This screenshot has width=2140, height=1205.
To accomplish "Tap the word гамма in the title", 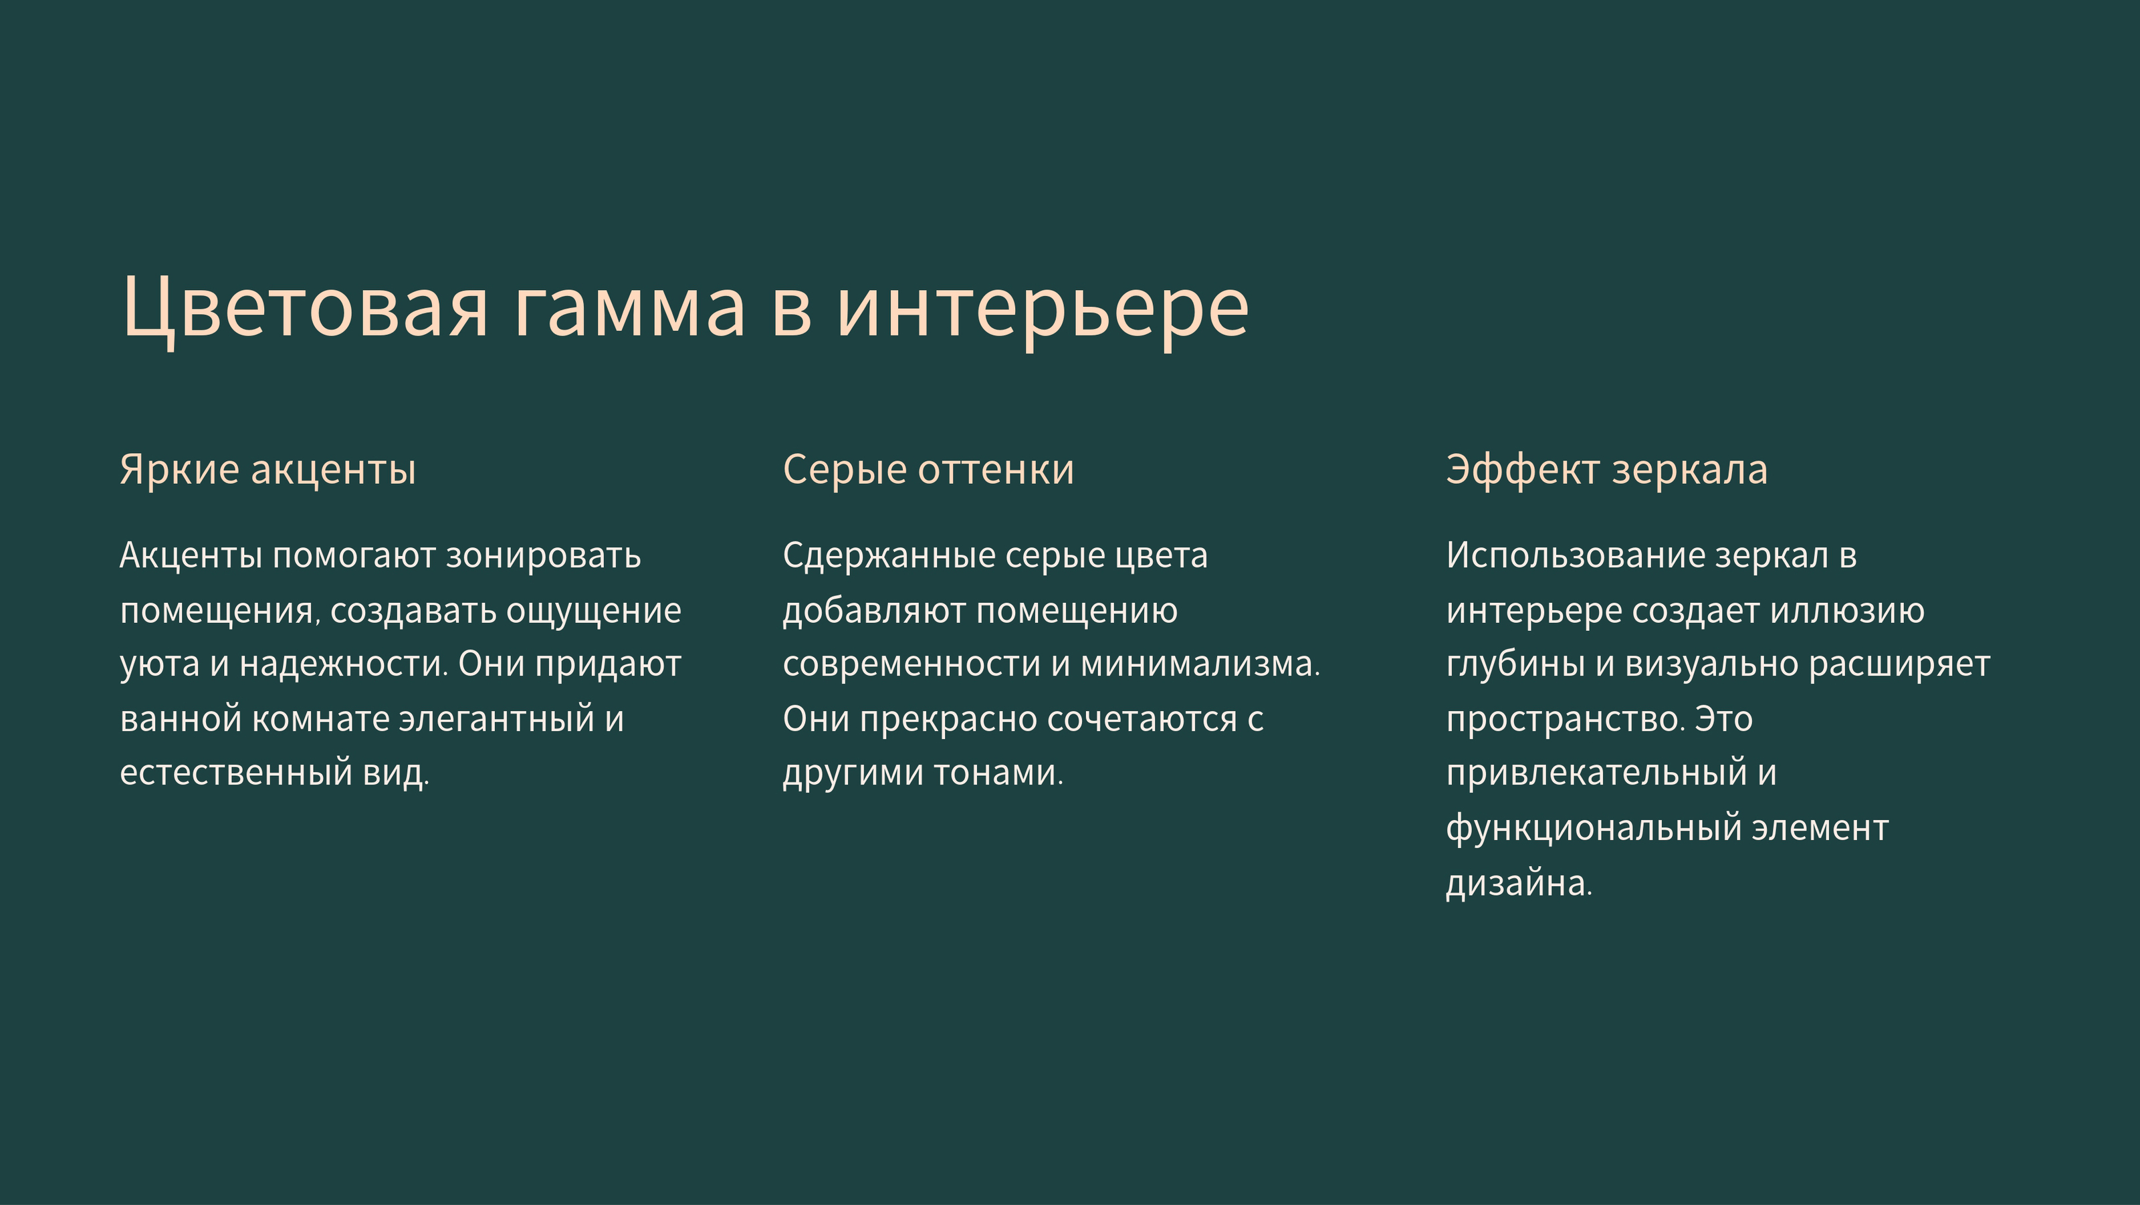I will pos(629,308).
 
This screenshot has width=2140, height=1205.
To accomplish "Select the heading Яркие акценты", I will pos(267,470).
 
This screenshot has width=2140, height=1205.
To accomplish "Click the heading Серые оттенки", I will pos(928,470).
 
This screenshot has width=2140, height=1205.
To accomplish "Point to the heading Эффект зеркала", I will pos(1606,470).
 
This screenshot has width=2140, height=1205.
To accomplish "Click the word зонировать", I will pos(543,555).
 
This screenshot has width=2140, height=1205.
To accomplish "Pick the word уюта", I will pos(160,664).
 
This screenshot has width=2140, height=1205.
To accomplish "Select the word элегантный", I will pos(497,719).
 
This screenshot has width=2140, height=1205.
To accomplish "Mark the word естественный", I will pos(236,773).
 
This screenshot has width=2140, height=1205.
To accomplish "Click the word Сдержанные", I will pos(888,555).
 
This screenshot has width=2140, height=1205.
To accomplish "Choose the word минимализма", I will pos(1199,664).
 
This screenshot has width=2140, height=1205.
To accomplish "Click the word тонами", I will pos(998,773).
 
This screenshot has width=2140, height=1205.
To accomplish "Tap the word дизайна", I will pos(1519,884).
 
